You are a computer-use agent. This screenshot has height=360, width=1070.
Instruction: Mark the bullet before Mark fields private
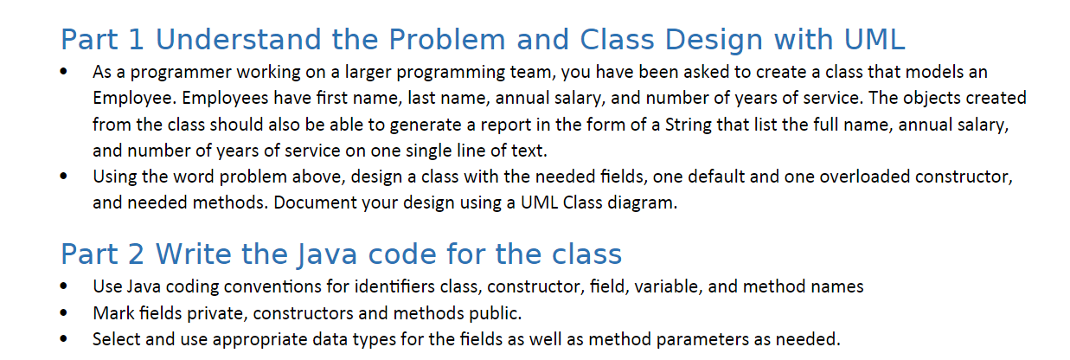pyautogui.click(x=65, y=312)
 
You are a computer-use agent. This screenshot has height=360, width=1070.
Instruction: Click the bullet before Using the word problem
pyautogui.click(x=65, y=177)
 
